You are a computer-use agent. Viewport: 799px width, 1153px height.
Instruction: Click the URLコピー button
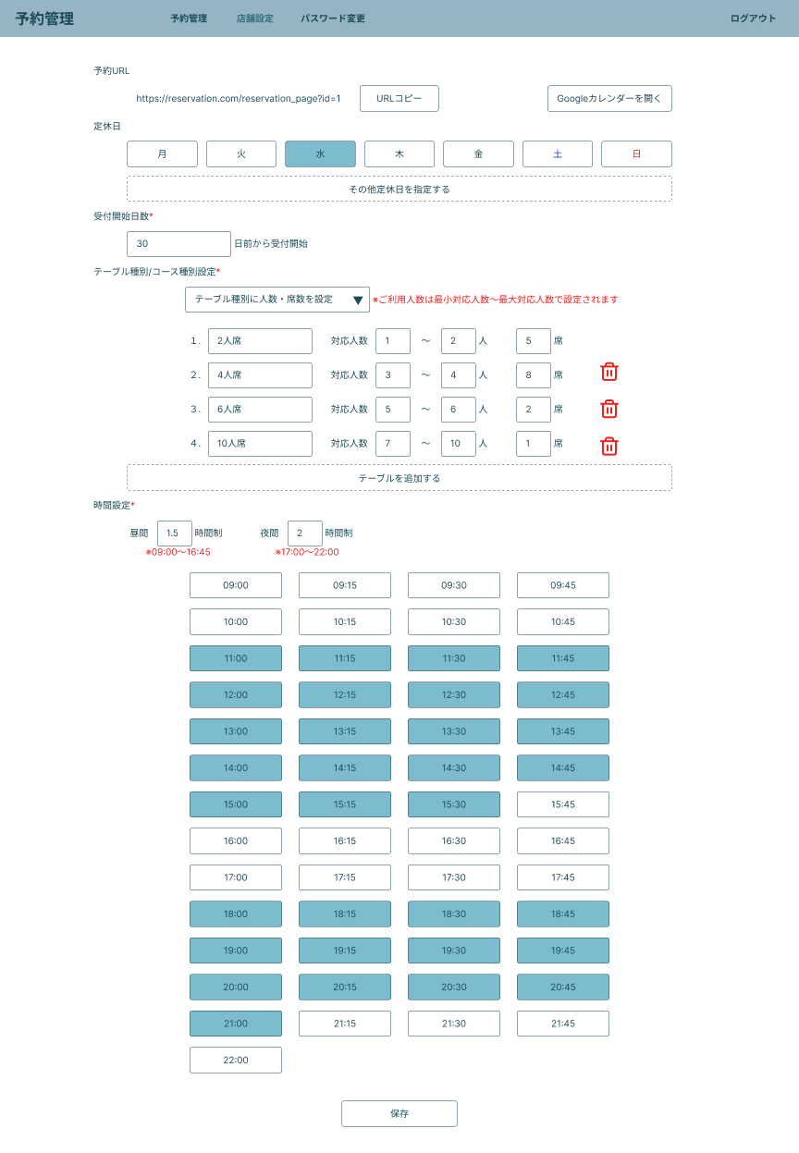pos(399,98)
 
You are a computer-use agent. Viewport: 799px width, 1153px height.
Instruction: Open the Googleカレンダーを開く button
pos(609,98)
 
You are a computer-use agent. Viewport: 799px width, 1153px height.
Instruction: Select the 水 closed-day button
pos(320,153)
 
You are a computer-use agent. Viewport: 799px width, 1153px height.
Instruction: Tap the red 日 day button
pos(636,153)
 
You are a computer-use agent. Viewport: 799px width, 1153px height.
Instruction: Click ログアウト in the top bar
pos(753,18)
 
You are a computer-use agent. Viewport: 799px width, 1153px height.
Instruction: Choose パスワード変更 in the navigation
pos(333,18)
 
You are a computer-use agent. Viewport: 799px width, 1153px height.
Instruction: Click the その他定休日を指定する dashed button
pos(399,189)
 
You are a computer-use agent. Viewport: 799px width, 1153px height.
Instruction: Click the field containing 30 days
pos(178,244)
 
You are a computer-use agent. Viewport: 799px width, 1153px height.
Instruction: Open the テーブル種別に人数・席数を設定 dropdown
pos(277,300)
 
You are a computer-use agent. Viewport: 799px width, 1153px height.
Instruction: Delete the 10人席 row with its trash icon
pos(609,446)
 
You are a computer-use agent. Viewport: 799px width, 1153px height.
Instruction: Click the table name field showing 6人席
pos(260,410)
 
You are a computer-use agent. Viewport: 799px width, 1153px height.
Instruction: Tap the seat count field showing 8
pos(534,375)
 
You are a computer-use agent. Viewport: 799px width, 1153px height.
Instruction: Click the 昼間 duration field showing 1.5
pos(174,534)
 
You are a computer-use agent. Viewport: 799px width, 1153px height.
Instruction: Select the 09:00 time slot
pos(236,585)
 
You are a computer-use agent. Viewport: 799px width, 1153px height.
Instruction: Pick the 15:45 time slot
pos(563,804)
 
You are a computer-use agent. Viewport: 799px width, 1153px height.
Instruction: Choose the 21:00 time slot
pos(236,1024)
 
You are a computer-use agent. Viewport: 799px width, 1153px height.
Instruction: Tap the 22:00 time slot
pos(236,1060)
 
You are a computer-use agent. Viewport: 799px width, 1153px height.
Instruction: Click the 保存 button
pos(399,1113)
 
